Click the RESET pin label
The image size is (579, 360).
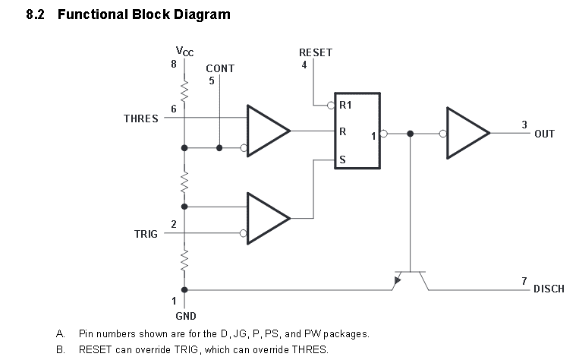pyautogui.click(x=316, y=52)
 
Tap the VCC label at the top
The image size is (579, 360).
pyautogui.click(x=184, y=51)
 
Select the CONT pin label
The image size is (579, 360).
pyautogui.click(x=220, y=68)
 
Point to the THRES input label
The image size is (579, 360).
pyautogui.click(x=140, y=118)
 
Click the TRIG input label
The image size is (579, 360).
pyautogui.click(x=146, y=234)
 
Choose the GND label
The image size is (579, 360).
pyautogui.click(x=186, y=316)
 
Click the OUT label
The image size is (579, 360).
pyautogui.click(x=544, y=134)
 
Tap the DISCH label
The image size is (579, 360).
pyautogui.click(x=549, y=289)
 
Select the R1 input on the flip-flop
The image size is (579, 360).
pyautogui.click(x=345, y=105)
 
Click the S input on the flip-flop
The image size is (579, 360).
pyautogui.click(x=342, y=159)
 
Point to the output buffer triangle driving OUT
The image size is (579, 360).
pyautogui.click(x=468, y=133)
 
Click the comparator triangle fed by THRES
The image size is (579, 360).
pyautogui.click(x=269, y=131)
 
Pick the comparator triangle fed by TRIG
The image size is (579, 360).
pyautogui.click(x=269, y=219)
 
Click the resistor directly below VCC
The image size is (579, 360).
pyautogui.click(x=184, y=91)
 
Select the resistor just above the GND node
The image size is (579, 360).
pyautogui.click(x=184, y=261)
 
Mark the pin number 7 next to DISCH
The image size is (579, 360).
pyautogui.click(x=524, y=281)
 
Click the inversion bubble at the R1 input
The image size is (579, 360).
pyautogui.click(x=331, y=106)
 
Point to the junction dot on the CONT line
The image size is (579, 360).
pyautogui.click(x=219, y=148)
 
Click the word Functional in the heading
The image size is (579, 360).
pyautogui.click(x=93, y=14)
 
